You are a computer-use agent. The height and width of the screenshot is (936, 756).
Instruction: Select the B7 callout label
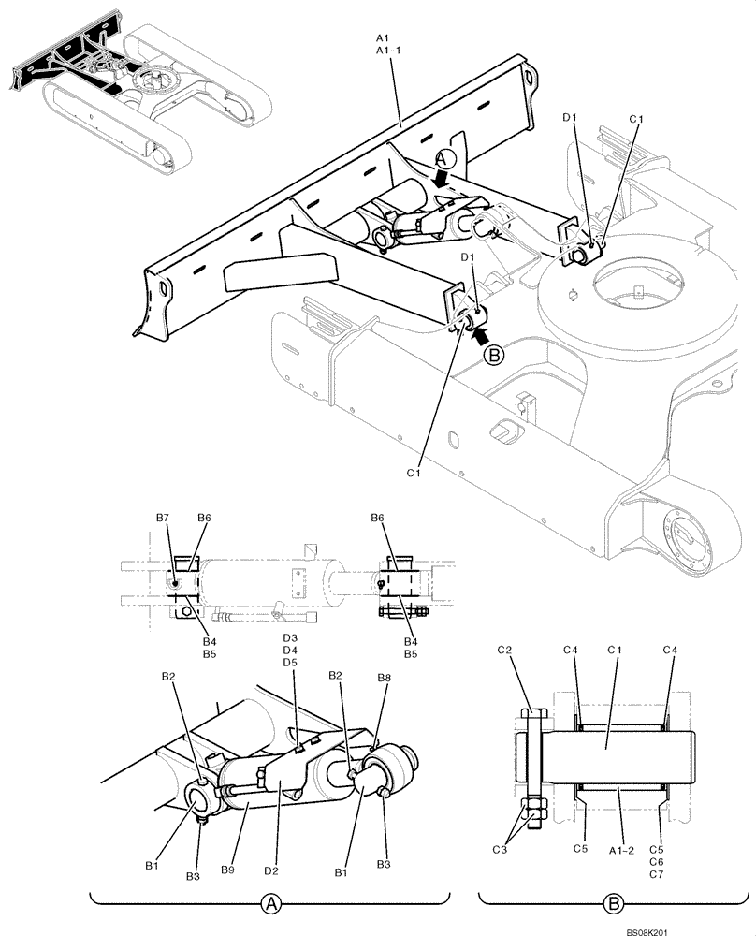164,518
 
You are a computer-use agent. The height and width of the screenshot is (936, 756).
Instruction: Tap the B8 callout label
384,677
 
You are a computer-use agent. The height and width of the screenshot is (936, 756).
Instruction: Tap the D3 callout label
290,637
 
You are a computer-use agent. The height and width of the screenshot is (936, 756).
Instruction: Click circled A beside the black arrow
446,159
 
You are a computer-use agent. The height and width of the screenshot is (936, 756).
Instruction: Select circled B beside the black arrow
495,355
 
